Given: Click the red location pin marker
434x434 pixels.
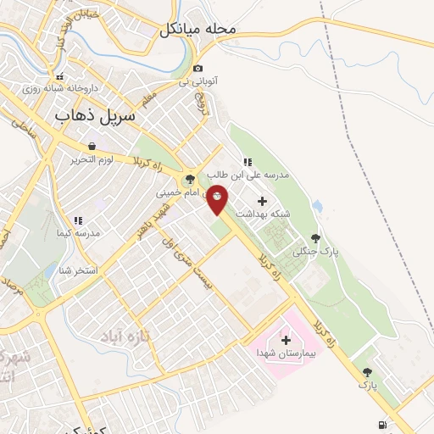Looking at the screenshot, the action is pyautogui.click(x=217, y=199).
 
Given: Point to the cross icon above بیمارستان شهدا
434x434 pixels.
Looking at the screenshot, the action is pyautogui.click(x=286, y=339).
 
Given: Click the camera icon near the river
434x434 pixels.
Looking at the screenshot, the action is pyautogui.click(x=198, y=68).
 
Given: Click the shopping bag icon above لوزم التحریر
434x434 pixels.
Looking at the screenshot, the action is pyautogui.click(x=92, y=146).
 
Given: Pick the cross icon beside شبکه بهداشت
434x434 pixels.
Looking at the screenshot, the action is pyautogui.click(x=262, y=202).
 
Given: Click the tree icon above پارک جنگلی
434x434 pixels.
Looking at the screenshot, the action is pyautogui.click(x=316, y=238).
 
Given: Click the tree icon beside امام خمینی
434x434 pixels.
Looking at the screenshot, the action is pyautogui.click(x=189, y=179).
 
